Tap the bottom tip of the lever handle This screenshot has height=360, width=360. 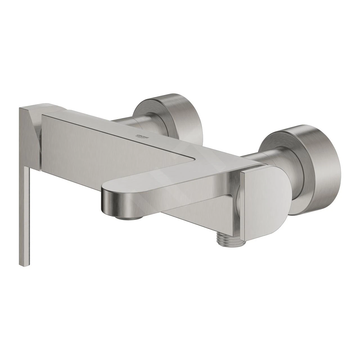(25, 265)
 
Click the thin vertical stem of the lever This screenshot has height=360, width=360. (26, 217)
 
